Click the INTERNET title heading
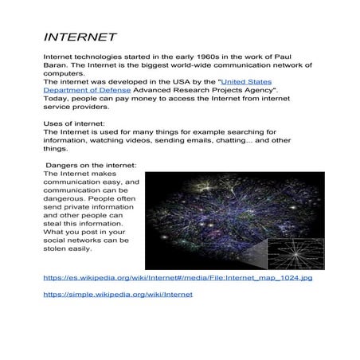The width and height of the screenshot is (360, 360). pos(80,37)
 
